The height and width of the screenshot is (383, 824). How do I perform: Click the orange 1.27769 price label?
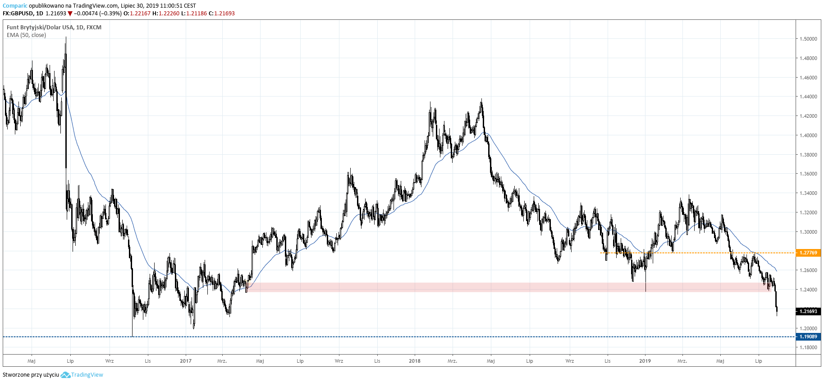(808, 253)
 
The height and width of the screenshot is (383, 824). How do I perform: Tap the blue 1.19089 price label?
(808, 337)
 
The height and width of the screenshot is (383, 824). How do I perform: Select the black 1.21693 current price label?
(808, 311)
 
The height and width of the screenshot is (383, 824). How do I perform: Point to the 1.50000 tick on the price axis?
(808, 39)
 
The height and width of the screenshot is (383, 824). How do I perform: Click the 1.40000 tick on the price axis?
(808, 135)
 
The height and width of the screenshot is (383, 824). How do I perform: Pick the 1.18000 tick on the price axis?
(808, 347)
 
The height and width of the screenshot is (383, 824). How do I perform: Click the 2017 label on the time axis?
(185, 361)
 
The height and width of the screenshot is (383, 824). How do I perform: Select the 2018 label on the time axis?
(415, 361)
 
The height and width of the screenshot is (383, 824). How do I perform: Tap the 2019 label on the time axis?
(645, 361)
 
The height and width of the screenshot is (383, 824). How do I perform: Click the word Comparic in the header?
(15, 6)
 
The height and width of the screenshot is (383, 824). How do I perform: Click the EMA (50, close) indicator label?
(26, 35)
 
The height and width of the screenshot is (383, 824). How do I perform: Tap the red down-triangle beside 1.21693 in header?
(70, 14)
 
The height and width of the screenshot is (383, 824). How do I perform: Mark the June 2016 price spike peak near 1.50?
(66, 38)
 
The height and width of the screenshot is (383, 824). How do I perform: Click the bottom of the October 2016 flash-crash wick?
(133, 336)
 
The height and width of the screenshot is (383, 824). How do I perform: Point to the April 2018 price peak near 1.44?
(481, 100)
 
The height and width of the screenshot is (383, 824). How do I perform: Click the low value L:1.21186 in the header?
(194, 14)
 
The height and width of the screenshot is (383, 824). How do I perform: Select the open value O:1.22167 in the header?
(137, 14)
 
